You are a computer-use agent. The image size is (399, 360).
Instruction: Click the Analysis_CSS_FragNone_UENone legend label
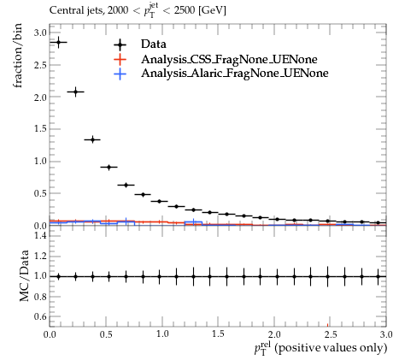[x=229, y=59]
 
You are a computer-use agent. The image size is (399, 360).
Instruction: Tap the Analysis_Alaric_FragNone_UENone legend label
[x=235, y=74]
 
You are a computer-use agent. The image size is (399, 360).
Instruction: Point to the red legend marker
[x=120, y=60]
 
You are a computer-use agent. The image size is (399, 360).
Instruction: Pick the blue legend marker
[x=120, y=74]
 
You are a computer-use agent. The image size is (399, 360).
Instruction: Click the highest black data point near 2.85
[x=59, y=42]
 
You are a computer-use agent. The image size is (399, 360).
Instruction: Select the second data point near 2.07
[x=75, y=91]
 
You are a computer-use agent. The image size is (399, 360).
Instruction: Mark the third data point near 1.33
[x=92, y=139]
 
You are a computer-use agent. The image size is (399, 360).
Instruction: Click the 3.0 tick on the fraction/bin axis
[x=40, y=32]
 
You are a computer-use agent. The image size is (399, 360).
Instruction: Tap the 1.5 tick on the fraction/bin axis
[x=40, y=129]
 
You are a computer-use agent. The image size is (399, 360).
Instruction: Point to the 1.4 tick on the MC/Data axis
[x=40, y=235]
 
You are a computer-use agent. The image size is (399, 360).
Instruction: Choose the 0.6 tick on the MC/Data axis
[x=40, y=316]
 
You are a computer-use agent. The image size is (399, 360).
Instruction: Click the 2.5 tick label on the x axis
[x=331, y=334]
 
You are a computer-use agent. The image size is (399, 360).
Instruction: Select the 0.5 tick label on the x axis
[x=106, y=334]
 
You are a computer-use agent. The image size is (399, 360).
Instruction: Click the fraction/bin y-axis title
[x=17, y=56]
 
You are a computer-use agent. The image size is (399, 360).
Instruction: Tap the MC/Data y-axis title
[x=25, y=275]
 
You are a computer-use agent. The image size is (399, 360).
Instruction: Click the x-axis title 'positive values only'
[x=331, y=348]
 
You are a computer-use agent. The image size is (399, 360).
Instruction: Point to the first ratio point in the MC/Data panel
[x=59, y=276]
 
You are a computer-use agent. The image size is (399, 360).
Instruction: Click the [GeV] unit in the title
[x=213, y=11]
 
